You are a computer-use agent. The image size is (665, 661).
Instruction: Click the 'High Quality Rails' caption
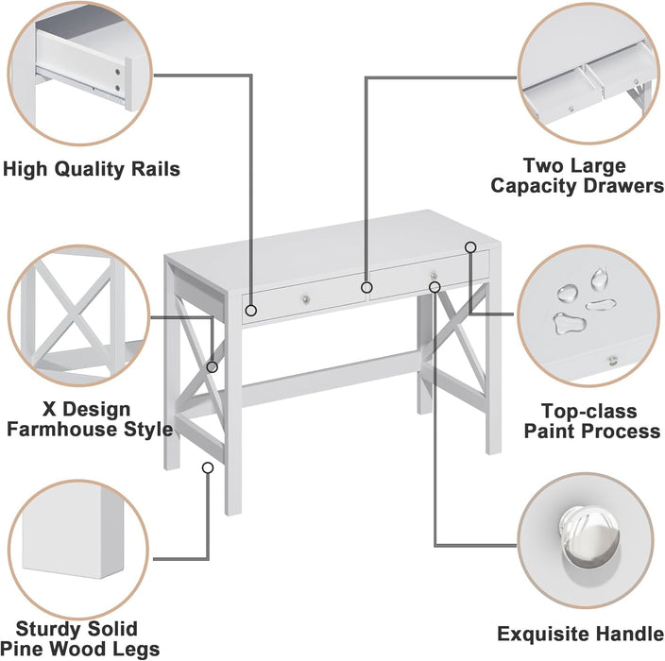[91, 170]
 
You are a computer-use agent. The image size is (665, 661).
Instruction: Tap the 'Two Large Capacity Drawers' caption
[576, 177]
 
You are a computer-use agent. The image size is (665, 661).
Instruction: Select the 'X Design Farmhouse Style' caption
[90, 420]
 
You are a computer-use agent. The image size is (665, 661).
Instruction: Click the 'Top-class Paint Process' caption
[601, 421]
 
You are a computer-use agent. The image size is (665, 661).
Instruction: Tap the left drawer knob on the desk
[307, 300]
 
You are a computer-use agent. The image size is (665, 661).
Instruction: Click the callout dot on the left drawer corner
[251, 309]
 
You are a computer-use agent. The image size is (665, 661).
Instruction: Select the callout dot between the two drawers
[367, 286]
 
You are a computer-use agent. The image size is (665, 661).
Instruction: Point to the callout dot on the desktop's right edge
[470, 247]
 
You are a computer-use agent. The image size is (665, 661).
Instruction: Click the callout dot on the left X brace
[213, 366]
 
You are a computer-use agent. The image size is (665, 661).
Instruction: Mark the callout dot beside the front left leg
[208, 466]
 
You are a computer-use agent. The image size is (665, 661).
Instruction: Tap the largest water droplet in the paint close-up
[567, 322]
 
